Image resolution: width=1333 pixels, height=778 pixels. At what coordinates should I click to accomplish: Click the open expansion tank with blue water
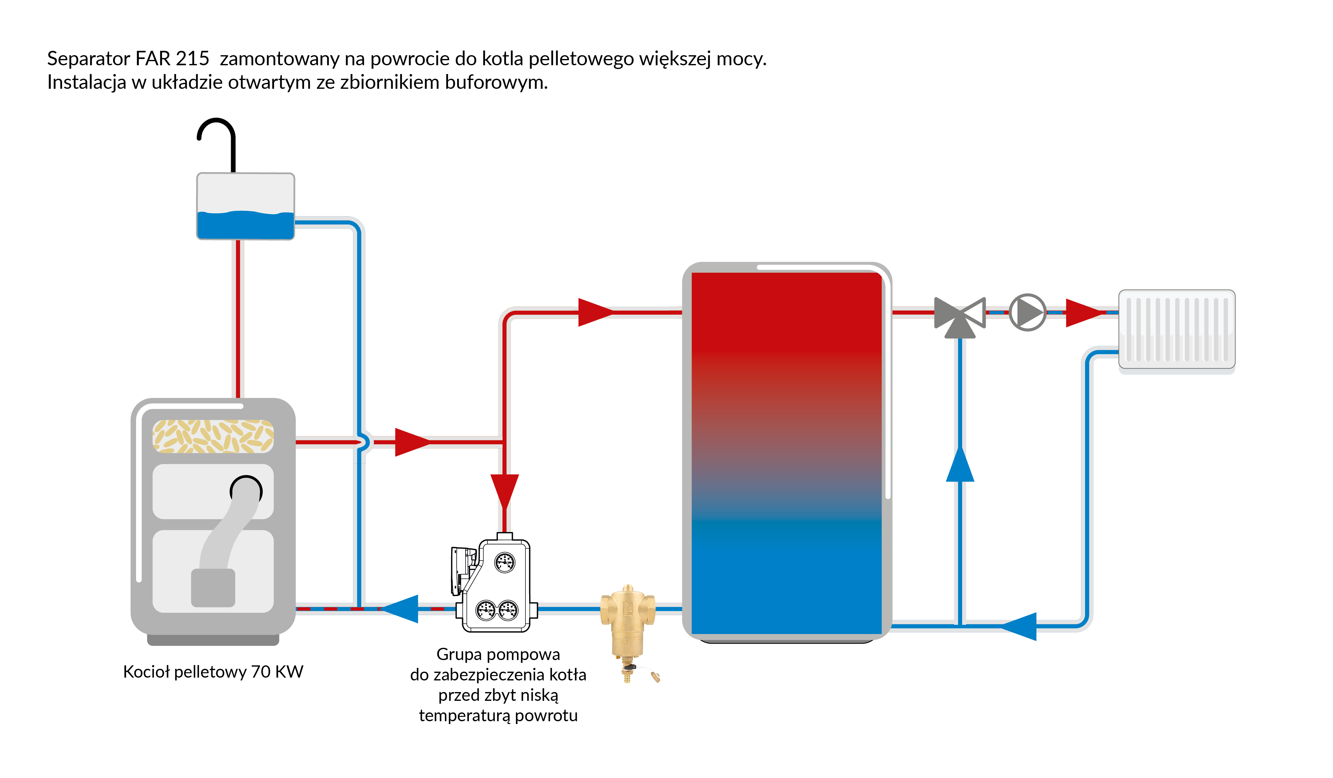245,206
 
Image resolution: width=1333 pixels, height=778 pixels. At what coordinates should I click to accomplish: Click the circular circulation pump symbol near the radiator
1027,312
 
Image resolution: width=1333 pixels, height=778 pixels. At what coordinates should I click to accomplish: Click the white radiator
1177,329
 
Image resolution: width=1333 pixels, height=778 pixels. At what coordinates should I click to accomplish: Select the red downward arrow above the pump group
505,491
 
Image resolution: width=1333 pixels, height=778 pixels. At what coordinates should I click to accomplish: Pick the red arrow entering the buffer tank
595,312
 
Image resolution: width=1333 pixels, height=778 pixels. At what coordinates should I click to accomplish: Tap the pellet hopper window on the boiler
213,436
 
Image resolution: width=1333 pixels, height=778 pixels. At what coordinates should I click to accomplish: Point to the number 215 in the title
192,58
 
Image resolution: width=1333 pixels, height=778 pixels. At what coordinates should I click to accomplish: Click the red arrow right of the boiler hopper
412,442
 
